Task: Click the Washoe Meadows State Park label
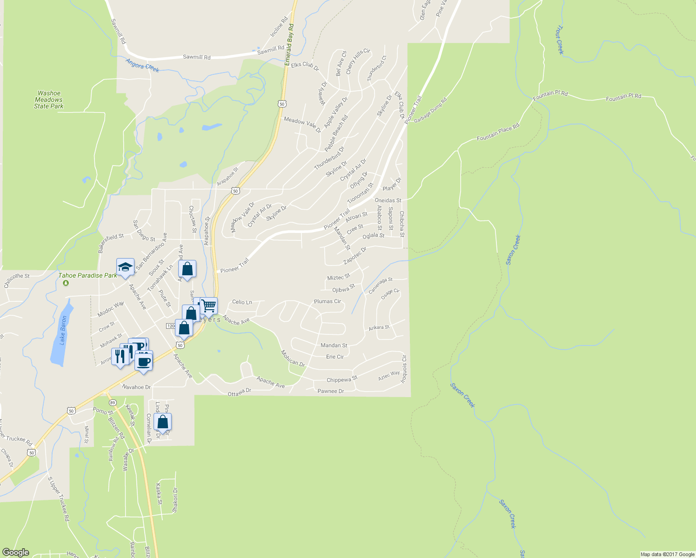coord(49,100)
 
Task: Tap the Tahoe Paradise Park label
coord(87,275)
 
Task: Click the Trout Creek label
coord(560,40)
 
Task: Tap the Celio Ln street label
coord(242,302)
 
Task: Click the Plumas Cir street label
coord(328,301)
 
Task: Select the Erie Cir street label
coord(335,357)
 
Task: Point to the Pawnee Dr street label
coord(331,391)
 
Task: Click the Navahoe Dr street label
coord(136,387)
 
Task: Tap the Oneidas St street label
coord(388,200)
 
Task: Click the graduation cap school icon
coord(125,267)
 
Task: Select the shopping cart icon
coord(209,306)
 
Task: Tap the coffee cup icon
coord(144,361)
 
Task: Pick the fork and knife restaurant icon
coord(120,357)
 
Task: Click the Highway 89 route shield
coord(112,402)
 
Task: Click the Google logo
coord(16,552)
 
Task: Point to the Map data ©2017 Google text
coord(667,554)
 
